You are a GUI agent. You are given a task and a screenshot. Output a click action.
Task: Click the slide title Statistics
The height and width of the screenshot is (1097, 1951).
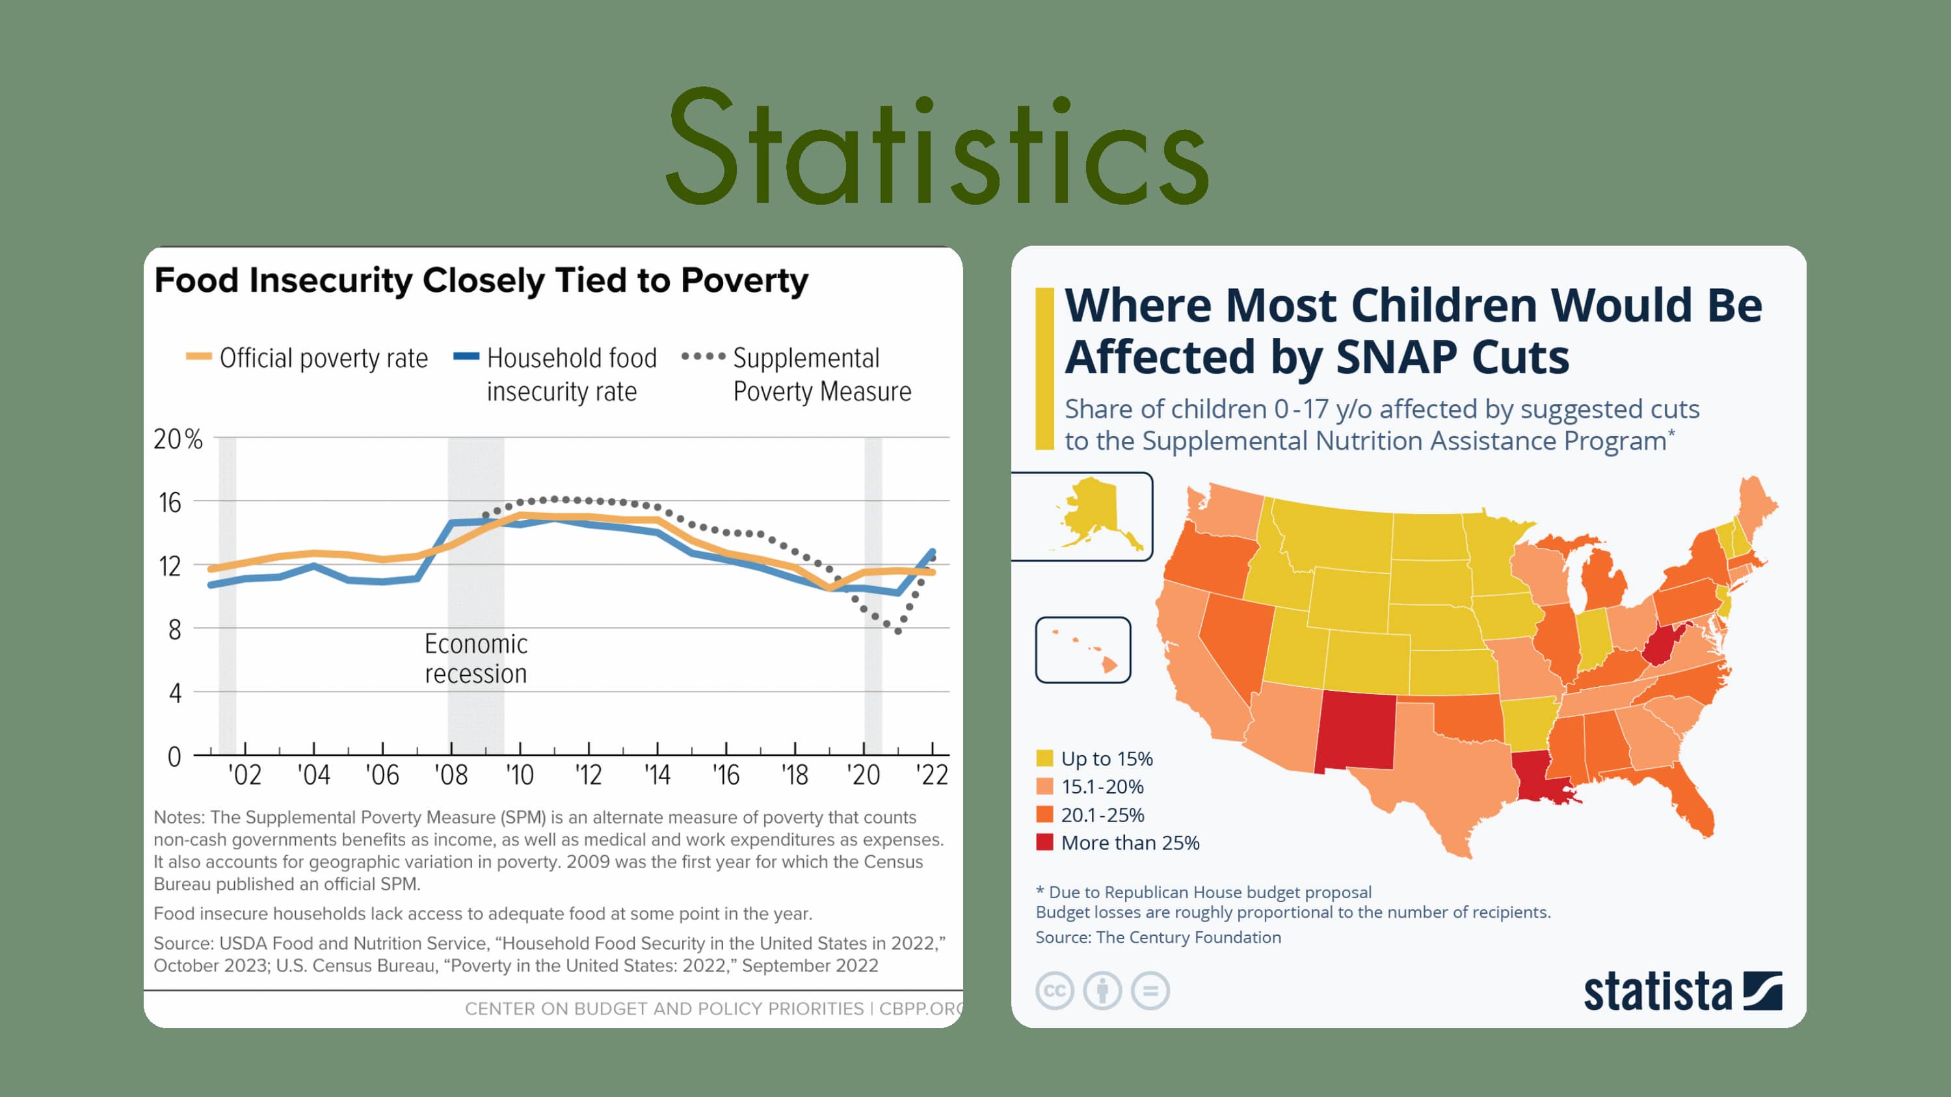pyautogui.click(x=937, y=148)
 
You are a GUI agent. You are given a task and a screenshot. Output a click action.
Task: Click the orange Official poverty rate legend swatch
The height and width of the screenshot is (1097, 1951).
pyautogui.click(x=198, y=357)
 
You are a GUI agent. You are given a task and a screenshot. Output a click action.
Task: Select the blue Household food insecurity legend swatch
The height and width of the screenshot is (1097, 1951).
pyautogui.click(x=466, y=357)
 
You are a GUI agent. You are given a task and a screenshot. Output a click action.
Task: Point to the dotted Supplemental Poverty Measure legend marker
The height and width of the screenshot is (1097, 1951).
pyautogui.click(x=703, y=357)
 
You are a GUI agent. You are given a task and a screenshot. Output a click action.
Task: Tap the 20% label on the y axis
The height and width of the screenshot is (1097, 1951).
pyautogui.click(x=178, y=439)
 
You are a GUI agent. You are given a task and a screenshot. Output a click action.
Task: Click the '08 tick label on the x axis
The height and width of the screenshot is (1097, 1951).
pyautogui.click(x=451, y=775)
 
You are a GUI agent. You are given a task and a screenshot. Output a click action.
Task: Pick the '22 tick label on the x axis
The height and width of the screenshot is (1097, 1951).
pyautogui.click(x=931, y=775)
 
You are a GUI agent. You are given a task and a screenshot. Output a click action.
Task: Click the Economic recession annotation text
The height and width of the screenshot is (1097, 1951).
pyautogui.click(x=475, y=658)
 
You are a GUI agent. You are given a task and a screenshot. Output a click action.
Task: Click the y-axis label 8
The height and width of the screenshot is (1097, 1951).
pyautogui.click(x=175, y=630)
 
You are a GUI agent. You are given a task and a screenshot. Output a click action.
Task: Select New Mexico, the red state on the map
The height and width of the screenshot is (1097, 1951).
pyautogui.click(x=1356, y=730)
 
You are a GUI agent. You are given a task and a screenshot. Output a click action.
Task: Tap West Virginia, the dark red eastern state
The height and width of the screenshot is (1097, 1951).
pyautogui.click(x=1662, y=643)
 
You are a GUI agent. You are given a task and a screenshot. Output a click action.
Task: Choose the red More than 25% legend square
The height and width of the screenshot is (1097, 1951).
pyautogui.click(x=1044, y=843)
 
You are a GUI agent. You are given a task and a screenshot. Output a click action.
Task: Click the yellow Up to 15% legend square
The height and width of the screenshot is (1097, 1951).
pyautogui.click(x=1044, y=758)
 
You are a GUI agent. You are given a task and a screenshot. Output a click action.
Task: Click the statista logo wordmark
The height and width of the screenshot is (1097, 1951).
pyautogui.click(x=1657, y=992)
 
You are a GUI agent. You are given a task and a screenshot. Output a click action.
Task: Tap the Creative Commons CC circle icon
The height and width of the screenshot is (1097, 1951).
pyautogui.click(x=1054, y=991)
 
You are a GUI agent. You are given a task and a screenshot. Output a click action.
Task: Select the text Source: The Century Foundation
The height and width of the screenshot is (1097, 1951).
pyautogui.click(x=1158, y=937)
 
